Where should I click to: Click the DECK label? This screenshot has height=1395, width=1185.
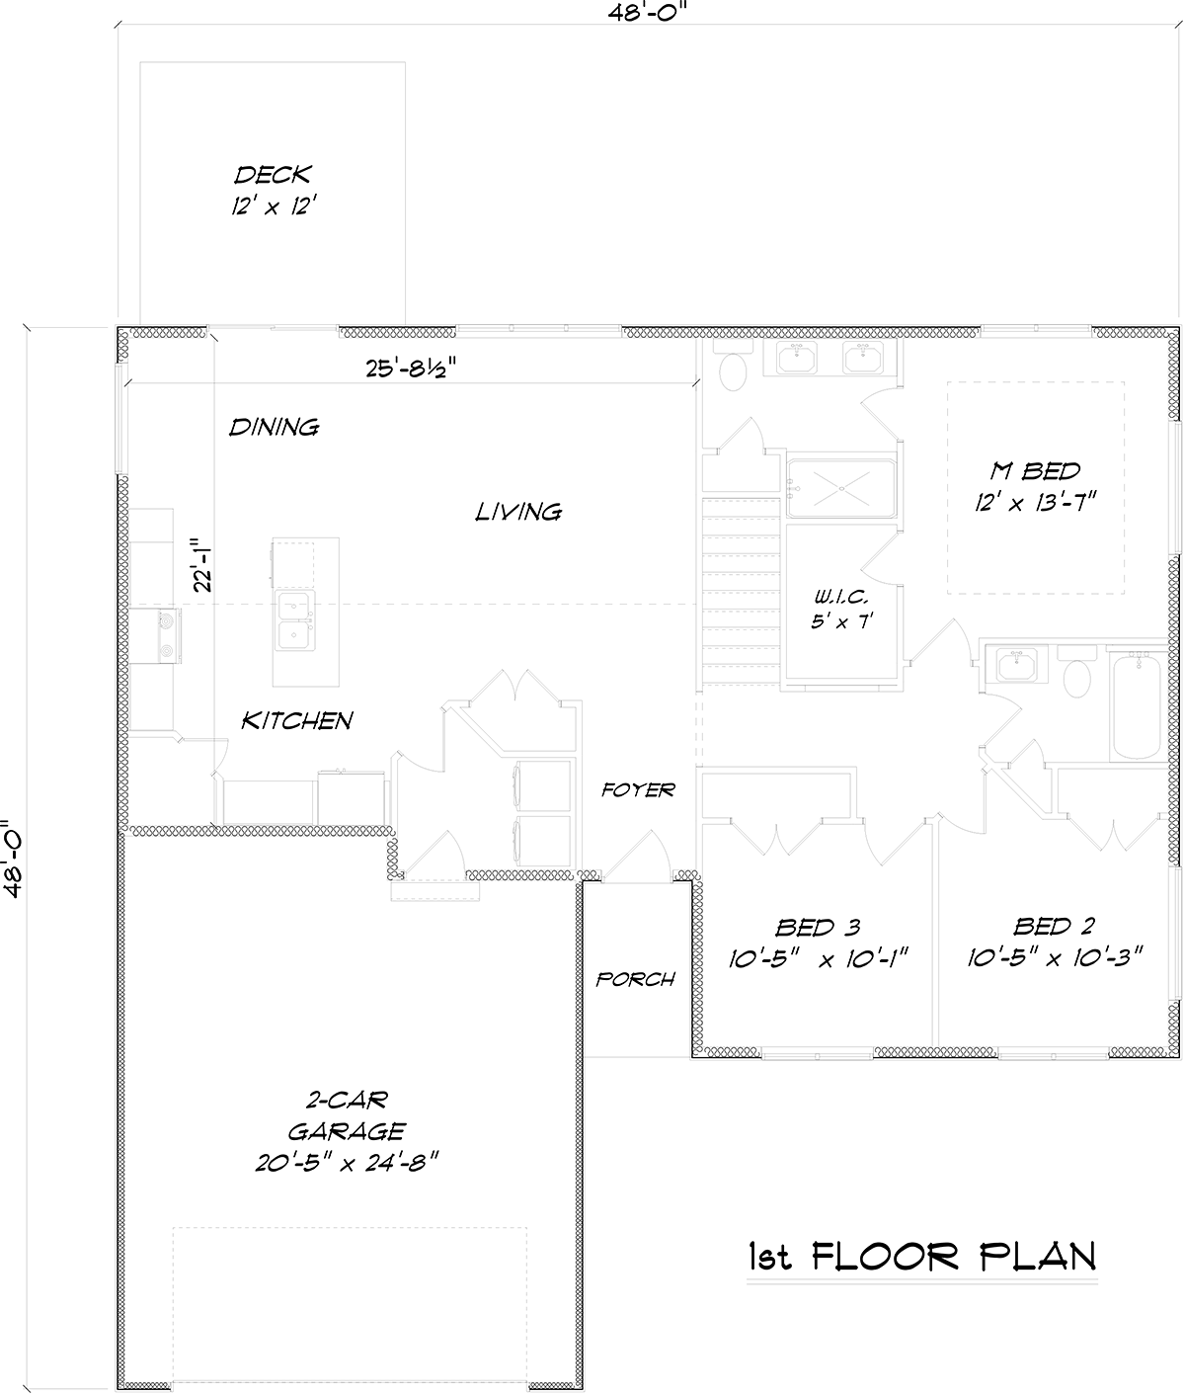click(x=273, y=176)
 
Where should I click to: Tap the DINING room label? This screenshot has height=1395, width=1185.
click(x=274, y=427)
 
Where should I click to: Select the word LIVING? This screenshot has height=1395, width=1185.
click(x=518, y=512)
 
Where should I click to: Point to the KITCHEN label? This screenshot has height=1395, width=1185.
click(x=297, y=721)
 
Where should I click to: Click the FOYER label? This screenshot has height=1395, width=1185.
click(x=638, y=789)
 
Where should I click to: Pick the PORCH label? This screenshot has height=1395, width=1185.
click(x=635, y=979)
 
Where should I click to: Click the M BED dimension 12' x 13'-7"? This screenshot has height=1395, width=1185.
click(x=1035, y=502)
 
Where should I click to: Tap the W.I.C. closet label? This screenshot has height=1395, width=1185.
click(x=841, y=597)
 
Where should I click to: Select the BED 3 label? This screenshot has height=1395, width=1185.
click(x=818, y=928)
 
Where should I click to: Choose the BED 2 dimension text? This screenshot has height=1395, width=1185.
click(x=1055, y=957)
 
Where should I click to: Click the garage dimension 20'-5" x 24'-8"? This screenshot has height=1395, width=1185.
click(x=347, y=1163)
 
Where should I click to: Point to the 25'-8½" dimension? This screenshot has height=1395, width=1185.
click(x=412, y=368)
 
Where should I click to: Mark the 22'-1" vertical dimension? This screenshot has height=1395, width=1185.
click(x=202, y=565)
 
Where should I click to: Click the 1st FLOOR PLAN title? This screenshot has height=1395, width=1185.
click(x=922, y=1257)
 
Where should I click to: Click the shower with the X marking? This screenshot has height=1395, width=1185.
click(x=841, y=488)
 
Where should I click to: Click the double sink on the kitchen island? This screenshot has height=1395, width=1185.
click(x=294, y=620)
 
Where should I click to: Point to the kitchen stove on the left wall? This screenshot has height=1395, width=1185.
click(x=169, y=635)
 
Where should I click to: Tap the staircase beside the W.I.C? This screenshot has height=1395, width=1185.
click(x=742, y=591)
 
